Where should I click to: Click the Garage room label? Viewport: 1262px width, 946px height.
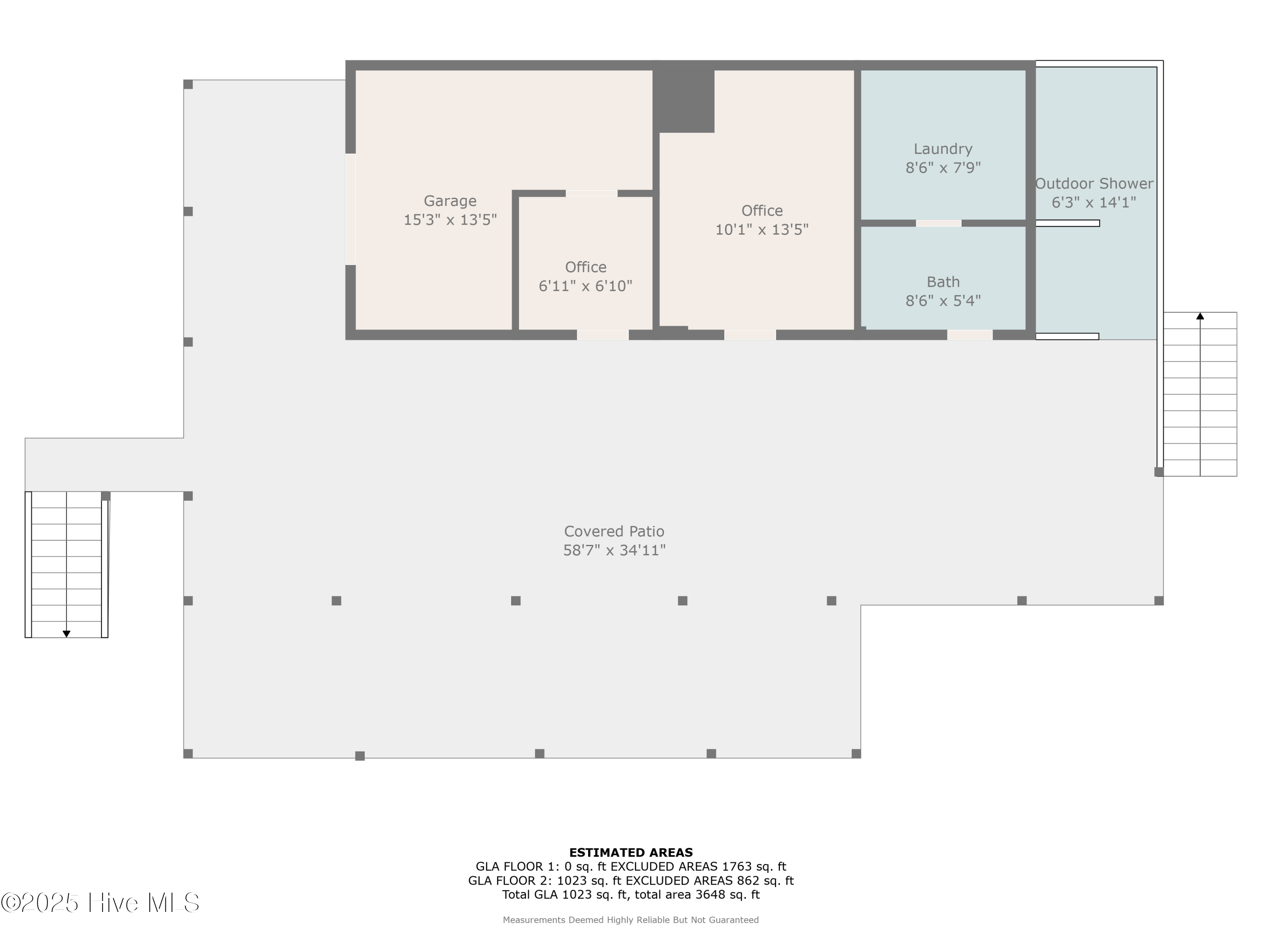pyautogui.click(x=450, y=201)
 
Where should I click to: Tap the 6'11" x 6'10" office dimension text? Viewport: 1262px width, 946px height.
pyautogui.click(x=586, y=285)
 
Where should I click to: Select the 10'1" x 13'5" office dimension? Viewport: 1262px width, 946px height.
pyautogui.click(x=762, y=229)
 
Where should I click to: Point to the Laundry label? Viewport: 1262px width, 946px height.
pyautogui.click(x=943, y=149)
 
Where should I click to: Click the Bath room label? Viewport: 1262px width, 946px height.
pyautogui.click(x=943, y=282)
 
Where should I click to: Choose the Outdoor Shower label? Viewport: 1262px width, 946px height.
pyautogui.click(x=1094, y=184)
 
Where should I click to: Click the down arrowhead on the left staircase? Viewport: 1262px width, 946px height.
pyautogui.click(x=66, y=634)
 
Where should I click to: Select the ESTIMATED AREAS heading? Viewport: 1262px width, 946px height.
pyautogui.click(x=631, y=853)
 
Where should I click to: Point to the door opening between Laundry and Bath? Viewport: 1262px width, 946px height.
pyautogui.click(x=939, y=223)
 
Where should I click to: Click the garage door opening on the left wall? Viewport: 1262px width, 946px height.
pyautogui.click(x=350, y=209)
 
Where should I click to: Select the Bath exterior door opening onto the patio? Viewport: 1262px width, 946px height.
pyautogui.click(x=970, y=335)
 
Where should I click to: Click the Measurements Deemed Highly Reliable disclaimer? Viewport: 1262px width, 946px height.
pyautogui.click(x=631, y=920)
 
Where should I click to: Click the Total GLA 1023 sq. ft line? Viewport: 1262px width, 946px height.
pyautogui.click(x=631, y=894)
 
